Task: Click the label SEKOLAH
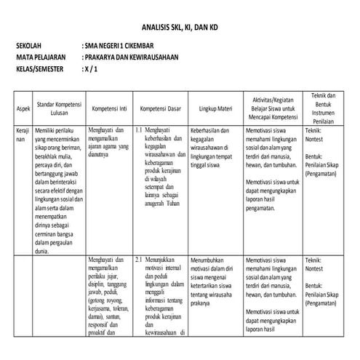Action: click(31, 45)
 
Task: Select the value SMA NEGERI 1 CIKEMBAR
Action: click(126, 45)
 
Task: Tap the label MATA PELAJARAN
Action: click(41, 57)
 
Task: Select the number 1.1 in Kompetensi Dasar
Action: click(140, 130)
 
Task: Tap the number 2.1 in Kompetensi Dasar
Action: click(140, 258)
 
